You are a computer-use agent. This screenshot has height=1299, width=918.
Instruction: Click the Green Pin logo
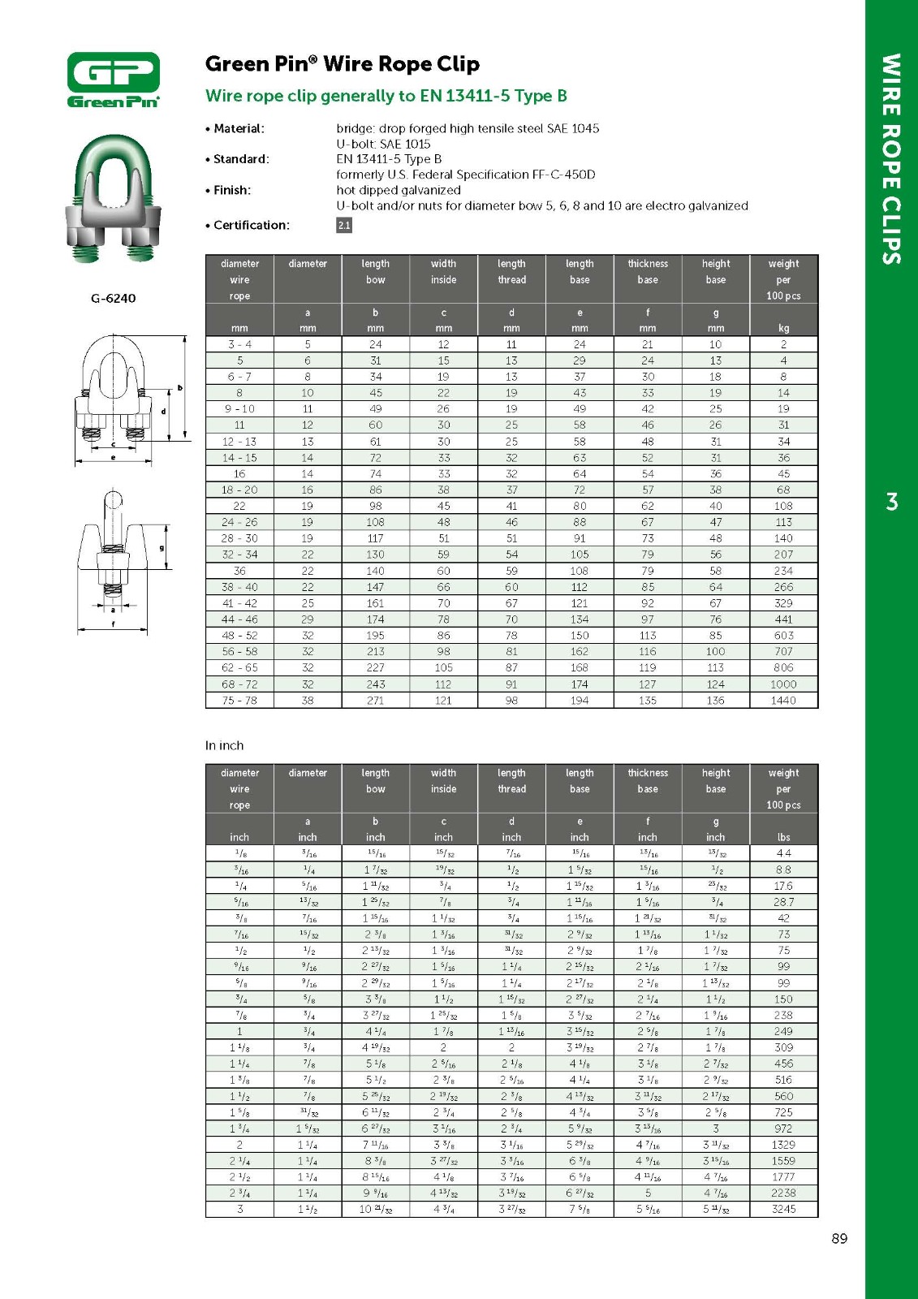click(x=114, y=80)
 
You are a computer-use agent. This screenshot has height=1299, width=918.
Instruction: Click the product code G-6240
click(x=114, y=298)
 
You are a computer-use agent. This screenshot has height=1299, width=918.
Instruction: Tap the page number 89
click(x=839, y=1238)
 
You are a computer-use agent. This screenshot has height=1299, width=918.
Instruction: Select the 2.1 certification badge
click(x=344, y=225)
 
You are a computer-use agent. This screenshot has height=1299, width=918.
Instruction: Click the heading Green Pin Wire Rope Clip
click(x=342, y=64)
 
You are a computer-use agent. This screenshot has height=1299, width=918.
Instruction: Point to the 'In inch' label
click(x=224, y=745)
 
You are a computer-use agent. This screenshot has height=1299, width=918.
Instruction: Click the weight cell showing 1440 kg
click(x=783, y=700)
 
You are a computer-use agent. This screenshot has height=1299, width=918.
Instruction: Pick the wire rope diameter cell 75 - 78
click(x=239, y=700)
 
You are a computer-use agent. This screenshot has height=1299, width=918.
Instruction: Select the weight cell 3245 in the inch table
click(x=783, y=1209)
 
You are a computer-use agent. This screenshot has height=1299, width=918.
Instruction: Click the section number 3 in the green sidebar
click(x=892, y=502)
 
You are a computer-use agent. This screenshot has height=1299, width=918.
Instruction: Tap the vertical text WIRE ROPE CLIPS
click(x=891, y=159)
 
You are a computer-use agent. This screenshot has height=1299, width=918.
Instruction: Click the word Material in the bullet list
click(x=238, y=128)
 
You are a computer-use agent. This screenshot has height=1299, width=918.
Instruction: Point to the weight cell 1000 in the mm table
click(x=783, y=684)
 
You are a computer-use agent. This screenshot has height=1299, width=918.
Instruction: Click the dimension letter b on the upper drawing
click(x=180, y=388)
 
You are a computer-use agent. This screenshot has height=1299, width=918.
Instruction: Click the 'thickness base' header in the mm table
click(x=648, y=271)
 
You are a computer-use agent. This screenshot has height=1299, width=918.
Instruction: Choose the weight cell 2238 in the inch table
click(x=783, y=1193)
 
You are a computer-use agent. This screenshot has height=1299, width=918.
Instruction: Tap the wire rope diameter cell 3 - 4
click(x=239, y=344)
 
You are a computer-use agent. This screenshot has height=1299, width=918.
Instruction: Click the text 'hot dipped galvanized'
click(x=399, y=190)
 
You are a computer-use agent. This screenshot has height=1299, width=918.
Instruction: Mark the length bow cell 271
click(x=375, y=700)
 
